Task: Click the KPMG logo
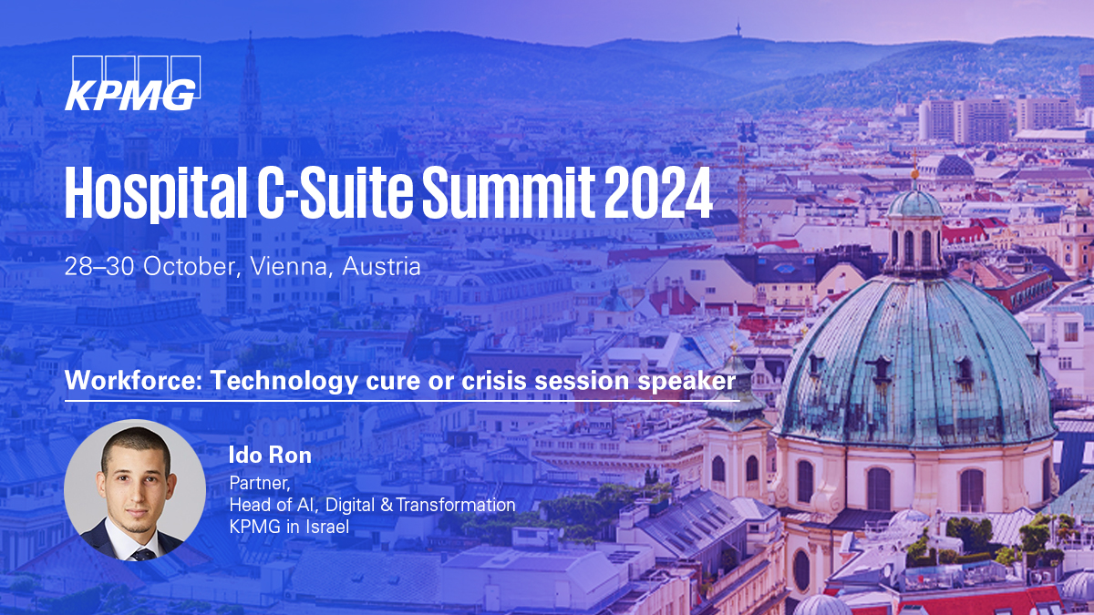click(133, 83)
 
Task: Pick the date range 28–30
click(100, 267)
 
